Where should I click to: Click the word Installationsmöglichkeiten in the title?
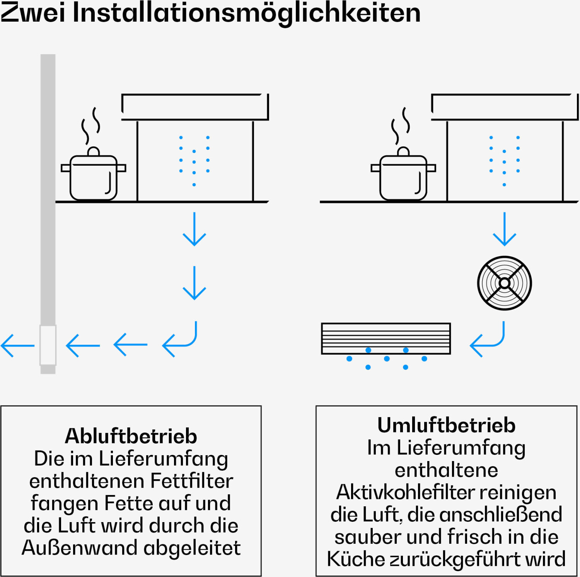246,12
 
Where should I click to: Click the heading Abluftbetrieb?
131,436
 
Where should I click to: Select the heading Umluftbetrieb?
446,425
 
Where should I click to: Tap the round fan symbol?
504,283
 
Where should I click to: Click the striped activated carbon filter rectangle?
386,339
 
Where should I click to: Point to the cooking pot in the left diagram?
94,177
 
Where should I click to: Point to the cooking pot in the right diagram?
403,177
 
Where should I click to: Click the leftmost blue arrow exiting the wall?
17,345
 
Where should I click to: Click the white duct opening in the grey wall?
48,345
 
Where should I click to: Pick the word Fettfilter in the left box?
192,481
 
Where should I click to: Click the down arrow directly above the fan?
504,229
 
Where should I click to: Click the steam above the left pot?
91,125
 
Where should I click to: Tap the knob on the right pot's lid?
403,151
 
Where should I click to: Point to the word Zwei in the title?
33,12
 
